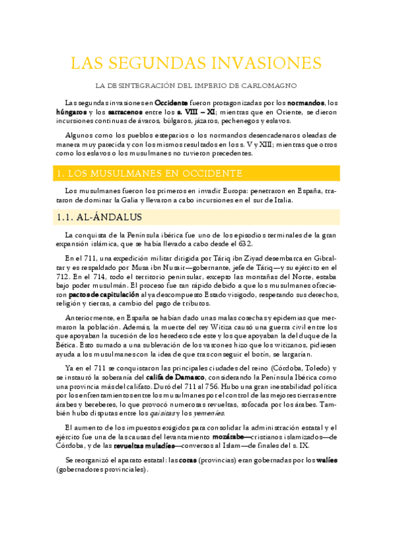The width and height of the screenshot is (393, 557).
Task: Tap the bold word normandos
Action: (306, 103)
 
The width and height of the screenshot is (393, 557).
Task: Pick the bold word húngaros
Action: (71, 112)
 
